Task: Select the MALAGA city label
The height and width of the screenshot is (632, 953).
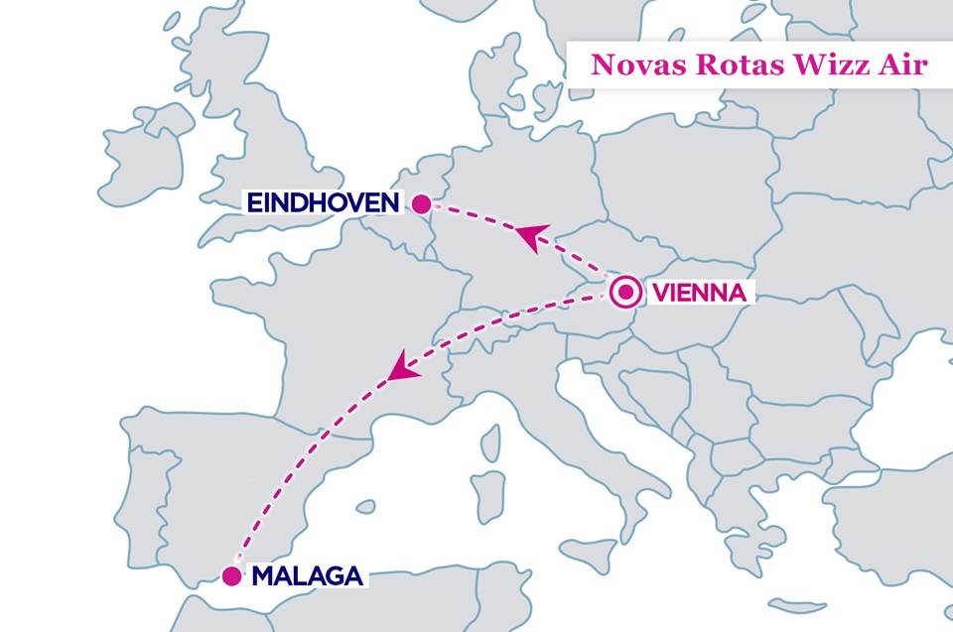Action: [306, 575]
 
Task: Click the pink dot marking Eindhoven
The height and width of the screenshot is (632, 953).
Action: [421, 204]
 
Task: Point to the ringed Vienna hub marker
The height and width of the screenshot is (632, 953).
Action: [625, 293]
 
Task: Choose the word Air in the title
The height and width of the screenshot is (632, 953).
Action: [901, 65]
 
